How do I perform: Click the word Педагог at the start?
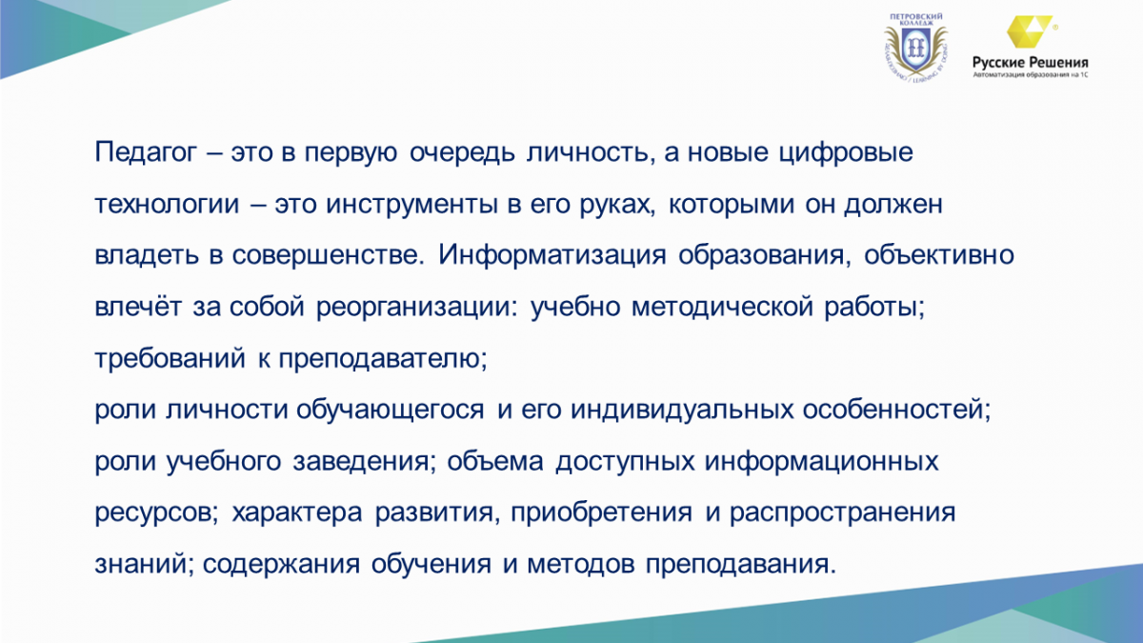click(x=146, y=152)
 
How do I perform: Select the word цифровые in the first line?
click(x=846, y=152)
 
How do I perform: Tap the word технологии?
click(x=167, y=204)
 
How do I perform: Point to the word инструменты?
click(x=411, y=204)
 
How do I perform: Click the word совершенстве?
click(x=328, y=254)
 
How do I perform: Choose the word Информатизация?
click(x=552, y=254)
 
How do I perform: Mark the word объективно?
click(x=939, y=254)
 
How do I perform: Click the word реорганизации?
click(x=416, y=307)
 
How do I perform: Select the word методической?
click(x=722, y=306)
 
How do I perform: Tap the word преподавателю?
click(x=383, y=358)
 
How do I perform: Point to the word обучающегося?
click(x=390, y=410)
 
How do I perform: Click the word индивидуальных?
click(x=682, y=410)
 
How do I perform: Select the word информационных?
click(x=821, y=461)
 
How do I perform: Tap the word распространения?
click(x=842, y=512)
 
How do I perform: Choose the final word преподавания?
click(x=741, y=564)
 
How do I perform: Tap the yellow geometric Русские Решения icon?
click(x=1029, y=31)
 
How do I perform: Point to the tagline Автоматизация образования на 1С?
click(x=1031, y=74)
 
